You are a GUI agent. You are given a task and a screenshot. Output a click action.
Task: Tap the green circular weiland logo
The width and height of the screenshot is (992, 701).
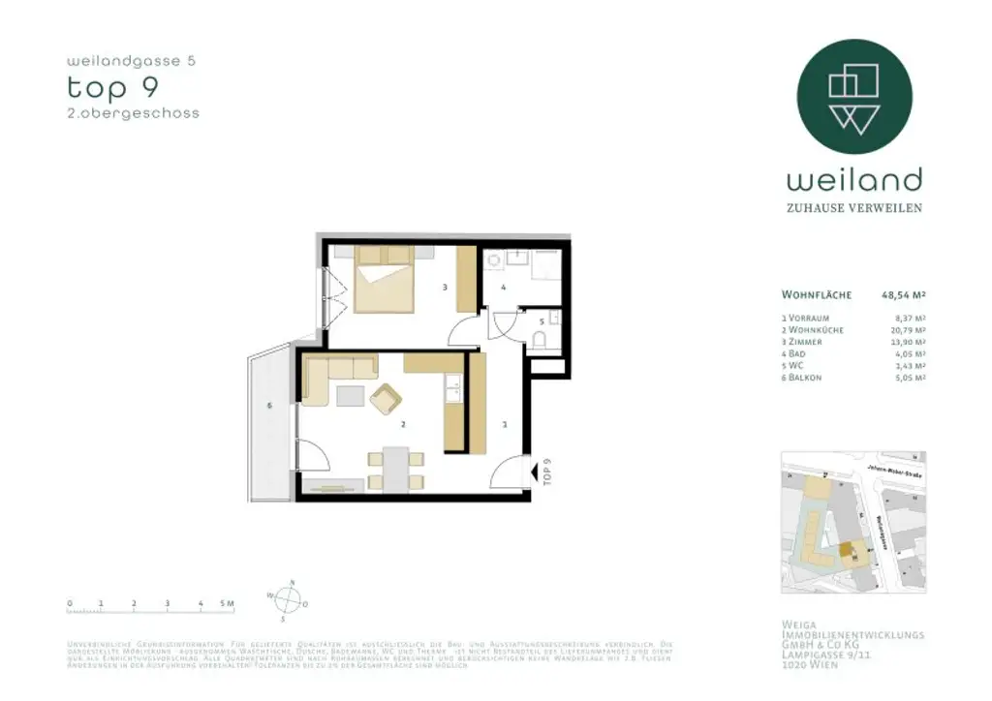tap(853, 96)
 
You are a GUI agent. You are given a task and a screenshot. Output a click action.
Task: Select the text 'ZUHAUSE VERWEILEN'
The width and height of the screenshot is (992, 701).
tap(853, 208)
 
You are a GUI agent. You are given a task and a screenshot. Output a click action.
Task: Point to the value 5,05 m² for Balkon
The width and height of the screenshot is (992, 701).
tap(910, 378)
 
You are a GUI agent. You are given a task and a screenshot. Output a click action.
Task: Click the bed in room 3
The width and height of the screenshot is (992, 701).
tap(386, 279)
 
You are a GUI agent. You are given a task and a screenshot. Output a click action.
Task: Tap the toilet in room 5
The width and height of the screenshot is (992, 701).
tap(541, 337)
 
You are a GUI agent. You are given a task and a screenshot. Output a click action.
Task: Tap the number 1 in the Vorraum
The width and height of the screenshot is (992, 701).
tap(505, 423)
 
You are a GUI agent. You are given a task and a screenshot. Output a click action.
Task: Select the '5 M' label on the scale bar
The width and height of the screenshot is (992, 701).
tap(228, 603)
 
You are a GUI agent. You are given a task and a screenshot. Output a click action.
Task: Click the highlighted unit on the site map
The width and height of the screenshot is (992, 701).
tap(847, 550)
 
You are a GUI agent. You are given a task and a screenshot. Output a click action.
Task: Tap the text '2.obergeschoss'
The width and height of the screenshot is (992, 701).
tap(133, 113)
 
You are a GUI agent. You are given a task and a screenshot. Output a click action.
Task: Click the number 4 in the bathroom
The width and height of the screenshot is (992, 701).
tap(504, 288)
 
